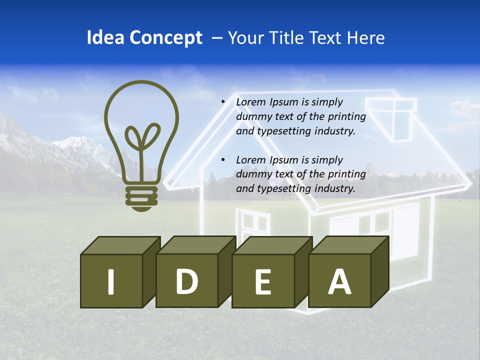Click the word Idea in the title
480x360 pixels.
point(105,38)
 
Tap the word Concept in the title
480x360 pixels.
point(166,38)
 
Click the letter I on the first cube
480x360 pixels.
point(111,281)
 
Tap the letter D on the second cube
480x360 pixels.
point(186,281)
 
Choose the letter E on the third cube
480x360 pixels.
point(263,281)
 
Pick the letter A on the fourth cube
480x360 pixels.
point(339,281)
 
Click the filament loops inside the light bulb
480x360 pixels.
point(142,137)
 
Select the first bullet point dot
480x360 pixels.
point(223,102)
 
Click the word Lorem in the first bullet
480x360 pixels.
point(251,102)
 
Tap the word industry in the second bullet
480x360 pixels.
point(335,189)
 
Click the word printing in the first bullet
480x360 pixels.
point(347,117)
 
